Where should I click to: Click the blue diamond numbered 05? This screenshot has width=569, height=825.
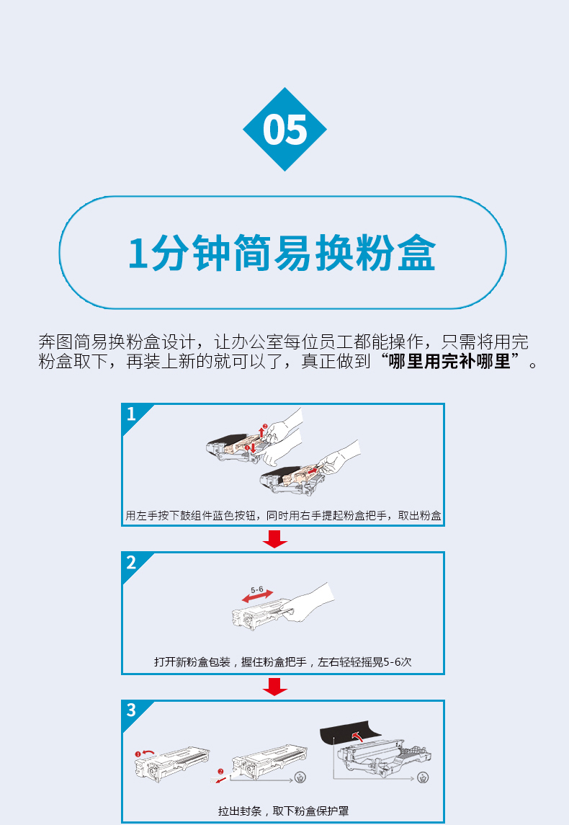coord(284,130)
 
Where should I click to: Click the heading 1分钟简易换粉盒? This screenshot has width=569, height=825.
coord(282,253)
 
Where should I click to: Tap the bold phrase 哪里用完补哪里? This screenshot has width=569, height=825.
coord(449,362)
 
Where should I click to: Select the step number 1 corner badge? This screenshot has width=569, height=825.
coord(133,416)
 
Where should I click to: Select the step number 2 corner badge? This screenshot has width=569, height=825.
coord(133,564)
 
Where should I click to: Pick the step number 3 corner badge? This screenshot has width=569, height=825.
coord(133,712)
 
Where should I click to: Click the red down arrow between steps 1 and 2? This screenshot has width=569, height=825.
coord(274,539)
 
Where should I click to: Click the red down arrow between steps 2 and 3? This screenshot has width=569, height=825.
coord(274,687)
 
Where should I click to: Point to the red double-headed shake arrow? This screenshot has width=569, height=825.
coord(257,597)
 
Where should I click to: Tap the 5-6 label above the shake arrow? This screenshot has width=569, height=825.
coord(256,590)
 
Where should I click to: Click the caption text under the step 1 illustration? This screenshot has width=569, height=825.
coord(283,516)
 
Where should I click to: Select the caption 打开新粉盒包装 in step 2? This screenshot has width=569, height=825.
coord(192,662)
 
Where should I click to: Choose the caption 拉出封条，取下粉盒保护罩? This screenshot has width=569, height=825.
coord(283,811)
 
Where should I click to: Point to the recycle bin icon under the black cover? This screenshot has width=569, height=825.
coord(423,777)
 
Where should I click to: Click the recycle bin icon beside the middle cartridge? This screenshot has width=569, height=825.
coord(300,777)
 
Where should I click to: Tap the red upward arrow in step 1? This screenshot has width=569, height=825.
coord(262,432)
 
